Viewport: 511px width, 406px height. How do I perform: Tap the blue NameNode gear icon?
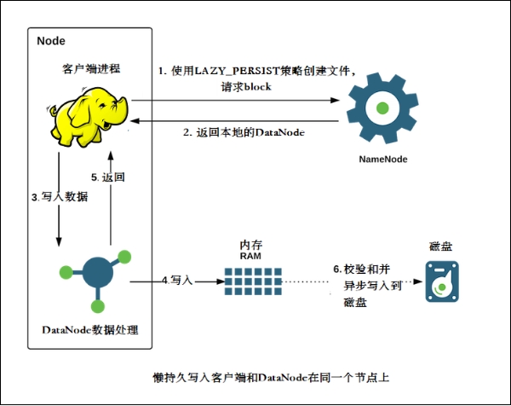383,108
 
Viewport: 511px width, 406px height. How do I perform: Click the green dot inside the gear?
383,108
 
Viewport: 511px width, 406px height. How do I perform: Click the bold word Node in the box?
52,41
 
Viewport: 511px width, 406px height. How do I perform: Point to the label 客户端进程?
89,67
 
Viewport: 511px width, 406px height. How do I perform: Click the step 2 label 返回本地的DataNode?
244,132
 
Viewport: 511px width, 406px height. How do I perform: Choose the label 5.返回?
108,177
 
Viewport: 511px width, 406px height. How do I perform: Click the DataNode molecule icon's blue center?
96,274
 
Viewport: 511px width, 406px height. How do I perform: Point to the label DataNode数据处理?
89,330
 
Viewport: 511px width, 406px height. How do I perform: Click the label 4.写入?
178,279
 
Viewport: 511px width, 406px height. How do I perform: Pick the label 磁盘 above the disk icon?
440,246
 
